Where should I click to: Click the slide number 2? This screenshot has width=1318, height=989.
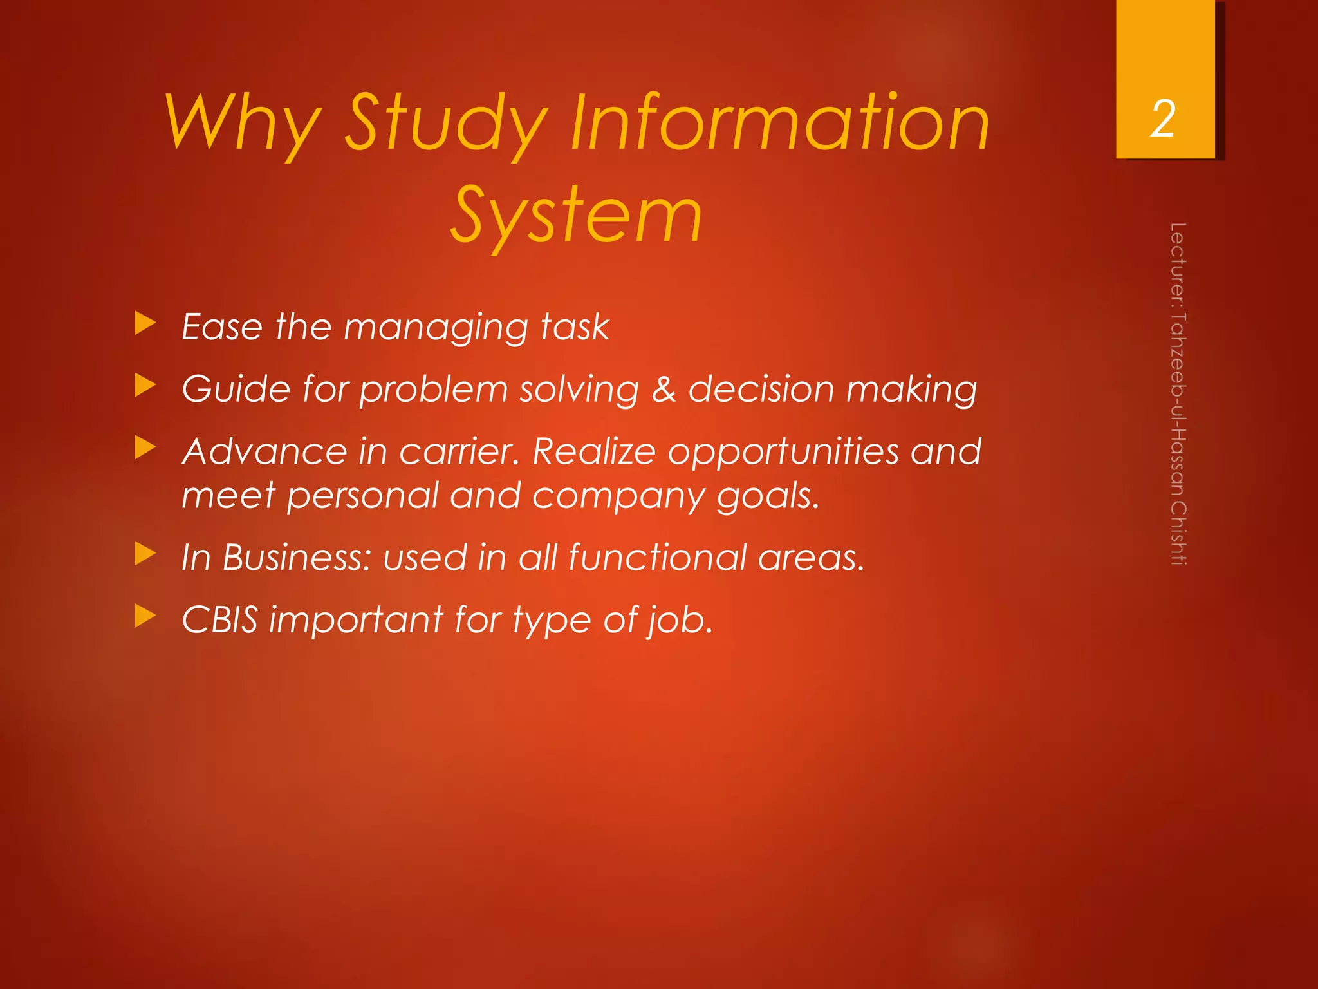click(x=1163, y=119)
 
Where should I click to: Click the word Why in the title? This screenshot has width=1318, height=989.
click(x=243, y=122)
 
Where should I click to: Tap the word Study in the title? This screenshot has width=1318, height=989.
click(x=447, y=122)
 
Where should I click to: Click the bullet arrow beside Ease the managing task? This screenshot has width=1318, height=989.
click(x=145, y=324)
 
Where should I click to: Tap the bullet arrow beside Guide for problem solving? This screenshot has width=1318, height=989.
click(x=145, y=386)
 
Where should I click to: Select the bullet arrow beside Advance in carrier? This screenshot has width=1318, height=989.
click(x=145, y=448)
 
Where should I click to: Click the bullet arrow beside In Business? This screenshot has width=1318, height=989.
click(x=145, y=554)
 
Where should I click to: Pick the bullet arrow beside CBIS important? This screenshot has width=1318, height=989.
click(x=145, y=616)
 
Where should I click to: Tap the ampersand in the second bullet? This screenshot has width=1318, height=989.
click(x=663, y=390)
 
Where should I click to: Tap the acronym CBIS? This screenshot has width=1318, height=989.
click(x=220, y=619)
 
